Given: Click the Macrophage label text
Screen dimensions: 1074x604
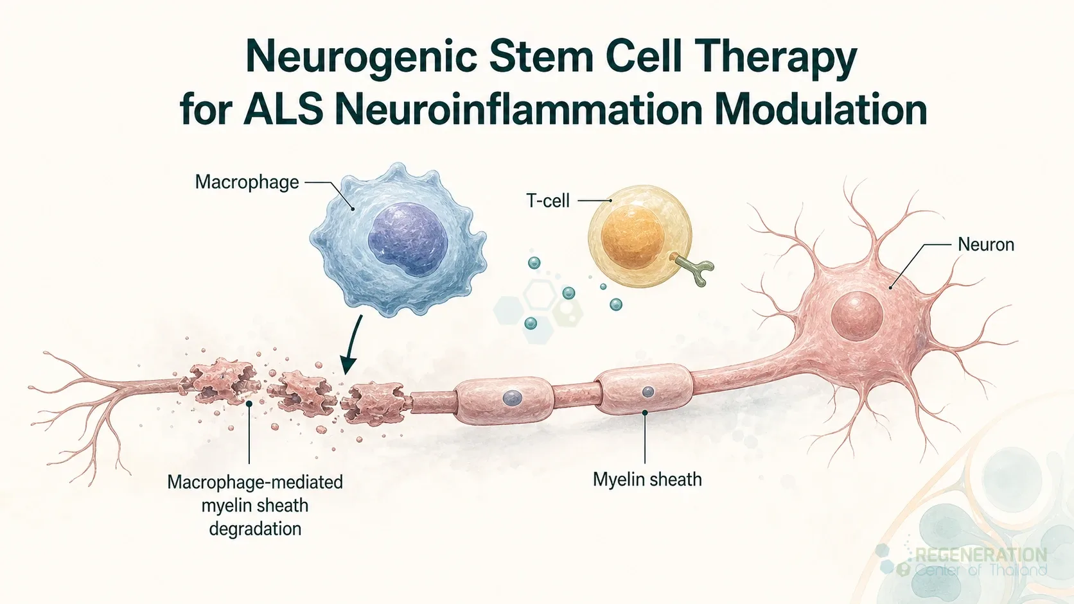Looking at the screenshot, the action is click(x=247, y=182).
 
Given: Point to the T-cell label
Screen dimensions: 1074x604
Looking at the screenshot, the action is click(x=548, y=201).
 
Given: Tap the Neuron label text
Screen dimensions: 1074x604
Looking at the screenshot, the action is click(x=986, y=245).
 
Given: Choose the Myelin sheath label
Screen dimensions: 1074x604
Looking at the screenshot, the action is click(x=647, y=479).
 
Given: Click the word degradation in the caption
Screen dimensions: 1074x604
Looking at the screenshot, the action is click(x=255, y=530).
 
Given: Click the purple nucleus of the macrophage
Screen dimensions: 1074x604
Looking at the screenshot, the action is click(x=407, y=239).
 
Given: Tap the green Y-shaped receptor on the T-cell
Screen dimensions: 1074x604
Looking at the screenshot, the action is click(x=695, y=269).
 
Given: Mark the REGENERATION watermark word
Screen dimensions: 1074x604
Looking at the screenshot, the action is click(x=981, y=555).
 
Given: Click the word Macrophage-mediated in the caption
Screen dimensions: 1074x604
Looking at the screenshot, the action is click(x=255, y=482).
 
